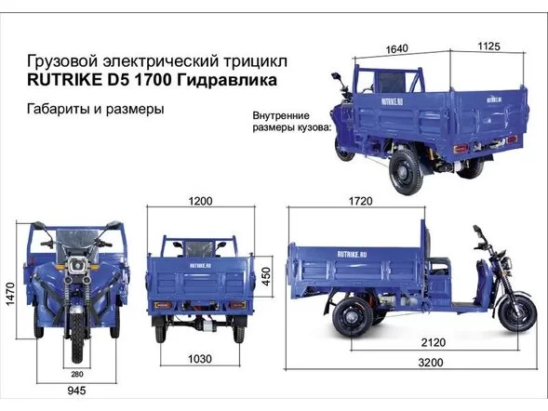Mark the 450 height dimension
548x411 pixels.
pyautogui.click(x=266, y=276)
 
